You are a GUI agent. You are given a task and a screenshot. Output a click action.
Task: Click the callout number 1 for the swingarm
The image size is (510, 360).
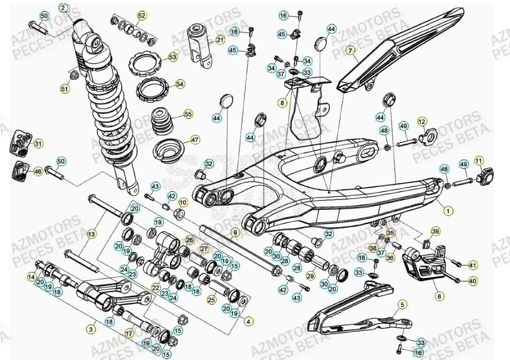[449, 211]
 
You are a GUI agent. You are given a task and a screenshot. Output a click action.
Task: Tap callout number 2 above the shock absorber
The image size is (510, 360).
[63, 8]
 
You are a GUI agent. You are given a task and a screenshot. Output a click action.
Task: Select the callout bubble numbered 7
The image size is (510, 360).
[349, 51]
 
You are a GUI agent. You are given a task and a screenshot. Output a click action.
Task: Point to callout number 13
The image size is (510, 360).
[91, 234]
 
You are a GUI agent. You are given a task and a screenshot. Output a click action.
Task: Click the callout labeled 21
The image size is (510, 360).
[220, 40]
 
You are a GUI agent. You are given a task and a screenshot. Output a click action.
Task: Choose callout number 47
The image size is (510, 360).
[195, 140]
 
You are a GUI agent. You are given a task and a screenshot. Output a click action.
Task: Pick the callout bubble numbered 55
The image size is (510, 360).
[188, 114]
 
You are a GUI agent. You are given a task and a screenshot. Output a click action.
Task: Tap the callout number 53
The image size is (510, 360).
[172, 57]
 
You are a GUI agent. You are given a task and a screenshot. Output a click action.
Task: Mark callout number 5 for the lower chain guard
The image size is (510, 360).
[402, 304]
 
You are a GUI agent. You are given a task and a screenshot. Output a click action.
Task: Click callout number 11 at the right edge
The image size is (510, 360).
[478, 161]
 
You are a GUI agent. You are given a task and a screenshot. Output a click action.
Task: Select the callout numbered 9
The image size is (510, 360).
[235, 232]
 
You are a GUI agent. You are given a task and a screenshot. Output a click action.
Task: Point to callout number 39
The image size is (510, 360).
[435, 231]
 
